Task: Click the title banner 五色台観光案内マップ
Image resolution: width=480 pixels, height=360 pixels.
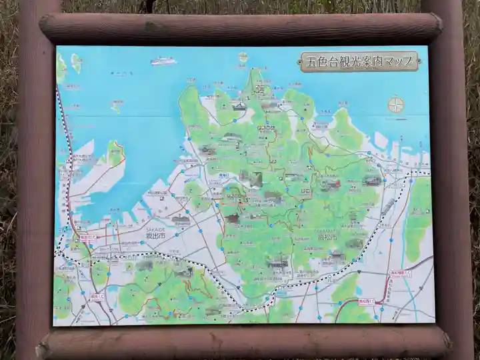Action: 361,62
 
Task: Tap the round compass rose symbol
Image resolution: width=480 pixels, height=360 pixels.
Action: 396,105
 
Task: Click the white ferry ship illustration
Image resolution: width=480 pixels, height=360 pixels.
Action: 163,61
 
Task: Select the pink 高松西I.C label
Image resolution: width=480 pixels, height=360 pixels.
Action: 365,301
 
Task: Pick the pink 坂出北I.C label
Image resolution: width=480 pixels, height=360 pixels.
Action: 89,237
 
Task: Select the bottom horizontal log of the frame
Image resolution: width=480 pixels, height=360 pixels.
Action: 243,342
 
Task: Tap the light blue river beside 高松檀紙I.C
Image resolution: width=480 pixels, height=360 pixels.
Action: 407,293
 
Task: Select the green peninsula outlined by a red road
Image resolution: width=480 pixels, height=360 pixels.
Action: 115,154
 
